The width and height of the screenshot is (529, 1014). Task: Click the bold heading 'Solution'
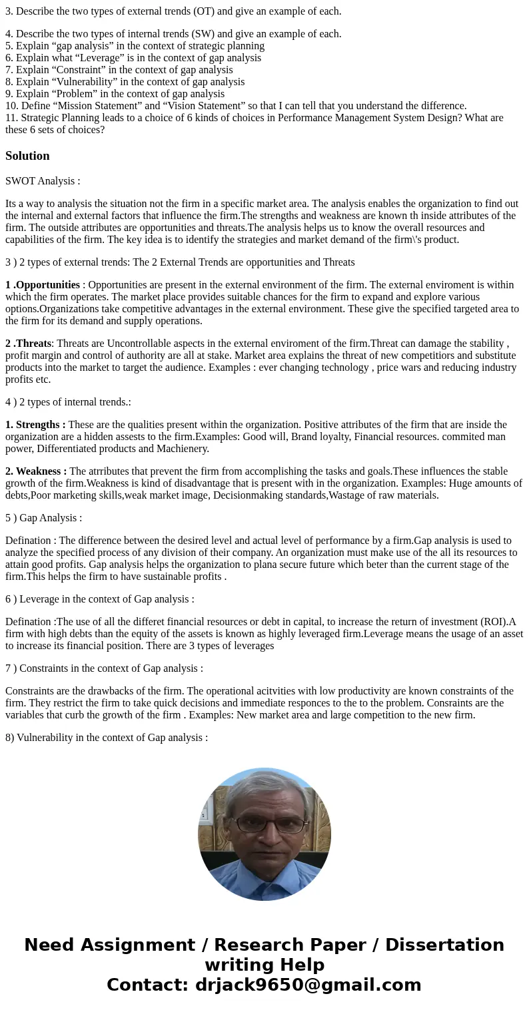[27, 156]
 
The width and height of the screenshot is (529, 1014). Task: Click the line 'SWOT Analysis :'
[43, 181]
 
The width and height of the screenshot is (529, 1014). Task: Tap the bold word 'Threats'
[33, 344]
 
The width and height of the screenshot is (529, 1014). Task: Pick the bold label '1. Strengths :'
[35, 425]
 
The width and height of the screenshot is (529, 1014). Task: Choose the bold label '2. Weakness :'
[36, 471]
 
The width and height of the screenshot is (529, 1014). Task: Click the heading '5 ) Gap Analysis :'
[44, 518]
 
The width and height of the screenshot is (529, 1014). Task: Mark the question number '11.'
[11, 118]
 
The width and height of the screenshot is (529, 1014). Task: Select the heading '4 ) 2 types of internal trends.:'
[69, 402]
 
